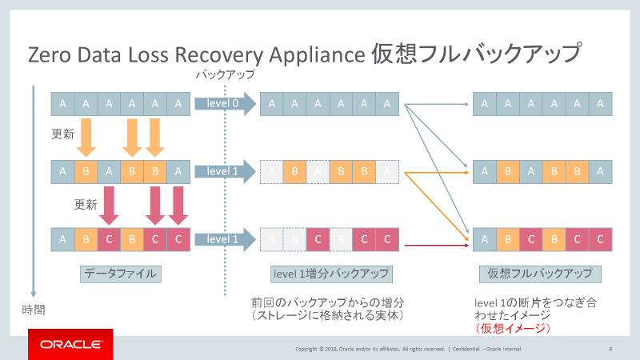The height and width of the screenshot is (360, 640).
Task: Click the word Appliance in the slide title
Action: coord(316,56)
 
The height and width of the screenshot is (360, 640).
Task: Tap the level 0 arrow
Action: coord(224,104)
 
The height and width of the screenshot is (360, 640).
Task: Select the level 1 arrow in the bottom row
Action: coord(224,239)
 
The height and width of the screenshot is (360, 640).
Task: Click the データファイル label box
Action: coord(120,274)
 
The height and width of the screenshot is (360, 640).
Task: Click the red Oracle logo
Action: coord(70,344)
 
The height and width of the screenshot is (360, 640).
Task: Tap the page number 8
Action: coord(610,349)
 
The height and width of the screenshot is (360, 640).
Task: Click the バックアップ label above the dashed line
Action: coord(226,75)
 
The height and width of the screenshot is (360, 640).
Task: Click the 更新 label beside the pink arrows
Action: coord(86,204)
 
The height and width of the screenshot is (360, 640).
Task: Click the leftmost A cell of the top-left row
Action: coord(62,104)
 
